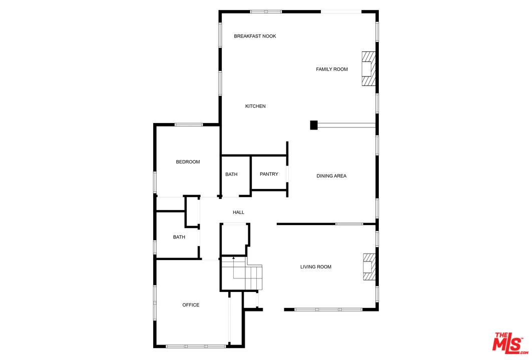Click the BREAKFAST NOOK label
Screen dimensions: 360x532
point(255,36)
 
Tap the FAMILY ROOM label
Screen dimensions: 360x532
point(331,69)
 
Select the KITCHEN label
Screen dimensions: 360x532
point(255,106)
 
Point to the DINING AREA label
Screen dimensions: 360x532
point(331,176)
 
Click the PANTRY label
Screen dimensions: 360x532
point(269,174)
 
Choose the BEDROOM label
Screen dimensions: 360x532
point(188,161)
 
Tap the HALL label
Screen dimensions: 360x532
point(238,212)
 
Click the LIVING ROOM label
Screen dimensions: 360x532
point(316,267)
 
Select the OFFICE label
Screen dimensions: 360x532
point(191,305)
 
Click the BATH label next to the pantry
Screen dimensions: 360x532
point(231,174)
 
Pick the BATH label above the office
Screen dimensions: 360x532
point(179,237)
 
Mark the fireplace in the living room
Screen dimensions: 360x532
point(369,267)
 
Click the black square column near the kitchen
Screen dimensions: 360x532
point(314,125)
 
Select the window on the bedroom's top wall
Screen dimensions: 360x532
point(189,124)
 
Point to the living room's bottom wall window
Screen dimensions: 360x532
point(328,309)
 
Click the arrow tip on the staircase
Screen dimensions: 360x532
point(233,257)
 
